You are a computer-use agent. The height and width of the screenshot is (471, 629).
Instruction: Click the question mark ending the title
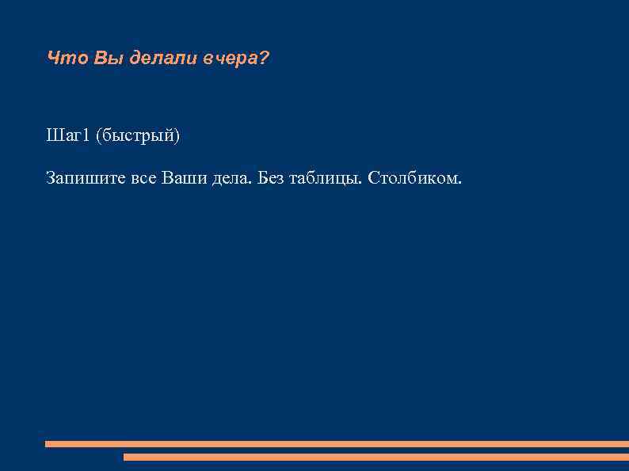264,59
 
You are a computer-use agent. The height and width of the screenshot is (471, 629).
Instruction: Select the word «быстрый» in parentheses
138,137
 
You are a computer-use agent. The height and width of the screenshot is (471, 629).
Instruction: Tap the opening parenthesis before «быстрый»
98,137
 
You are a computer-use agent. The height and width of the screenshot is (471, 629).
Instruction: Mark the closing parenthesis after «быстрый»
177,137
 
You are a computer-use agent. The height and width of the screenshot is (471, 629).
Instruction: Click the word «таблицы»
328,179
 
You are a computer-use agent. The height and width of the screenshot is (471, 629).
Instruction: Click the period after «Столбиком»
458,183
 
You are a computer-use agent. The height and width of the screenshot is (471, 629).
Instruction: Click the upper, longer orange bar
337,444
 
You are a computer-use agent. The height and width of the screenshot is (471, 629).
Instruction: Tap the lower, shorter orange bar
375,457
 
